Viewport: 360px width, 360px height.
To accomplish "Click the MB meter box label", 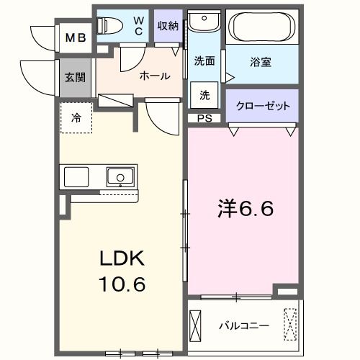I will [75, 38].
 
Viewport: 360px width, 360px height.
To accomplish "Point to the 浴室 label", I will [261, 63].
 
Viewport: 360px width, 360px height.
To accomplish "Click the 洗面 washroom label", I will [204, 61].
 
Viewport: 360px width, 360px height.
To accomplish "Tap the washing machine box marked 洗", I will [204, 94].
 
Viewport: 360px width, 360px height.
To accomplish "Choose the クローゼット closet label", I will [263, 106].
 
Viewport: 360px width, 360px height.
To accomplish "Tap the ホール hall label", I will [155, 76].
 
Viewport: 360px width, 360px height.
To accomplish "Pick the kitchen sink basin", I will [119, 176].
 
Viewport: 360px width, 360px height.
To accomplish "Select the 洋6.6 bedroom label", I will [245, 210].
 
